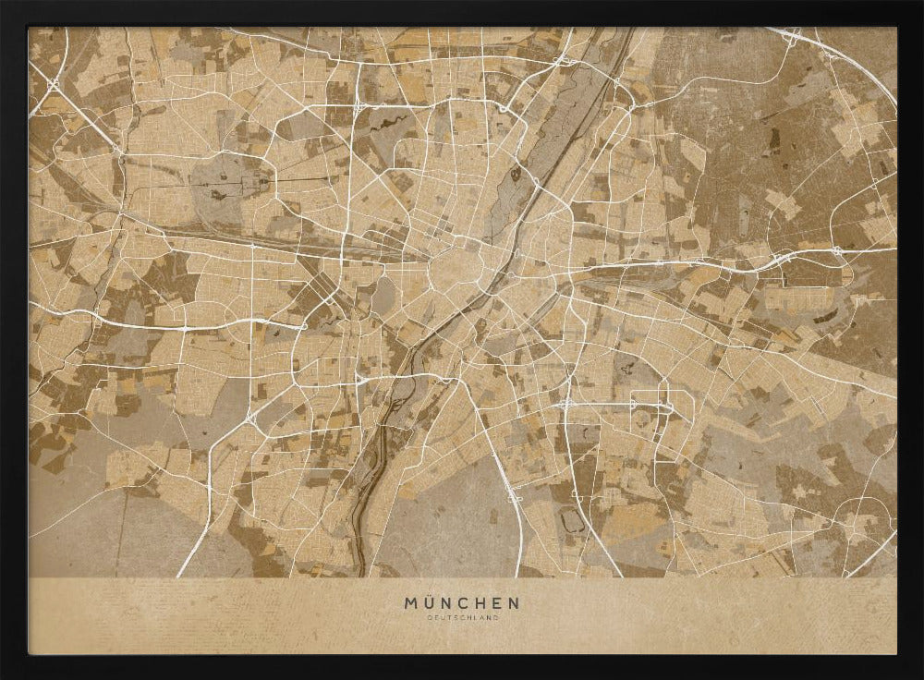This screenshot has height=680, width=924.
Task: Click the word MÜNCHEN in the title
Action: tap(462, 603)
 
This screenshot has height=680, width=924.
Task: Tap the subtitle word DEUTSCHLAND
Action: tap(462, 618)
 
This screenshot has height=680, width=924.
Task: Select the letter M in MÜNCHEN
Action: tap(411, 603)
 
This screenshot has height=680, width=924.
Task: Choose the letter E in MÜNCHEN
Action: tap(500, 603)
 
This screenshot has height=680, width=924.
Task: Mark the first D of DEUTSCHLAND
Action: tap(429, 618)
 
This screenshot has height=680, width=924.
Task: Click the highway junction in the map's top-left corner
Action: tap(52, 85)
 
